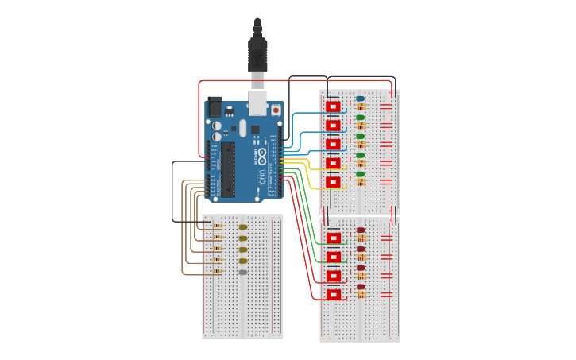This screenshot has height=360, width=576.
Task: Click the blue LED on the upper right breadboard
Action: click(x=360, y=99)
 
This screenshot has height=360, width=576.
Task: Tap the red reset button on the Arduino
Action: click(x=276, y=110)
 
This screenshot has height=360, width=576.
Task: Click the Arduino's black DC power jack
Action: click(x=214, y=106)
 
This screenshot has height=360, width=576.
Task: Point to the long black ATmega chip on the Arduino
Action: click(x=228, y=168)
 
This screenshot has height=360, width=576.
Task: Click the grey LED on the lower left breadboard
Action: click(x=243, y=273)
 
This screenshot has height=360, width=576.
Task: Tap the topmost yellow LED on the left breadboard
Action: click(x=243, y=226)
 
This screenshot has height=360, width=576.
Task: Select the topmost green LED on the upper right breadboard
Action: click(x=360, y=118)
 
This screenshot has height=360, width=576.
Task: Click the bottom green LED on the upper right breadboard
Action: click(x=360, y=174)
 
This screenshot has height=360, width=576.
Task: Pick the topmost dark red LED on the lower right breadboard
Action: click(x=361, y=230)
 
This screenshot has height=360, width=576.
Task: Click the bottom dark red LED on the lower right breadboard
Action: click(x=361, y=287)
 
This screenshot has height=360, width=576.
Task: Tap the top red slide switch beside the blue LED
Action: click(x=333, y=106)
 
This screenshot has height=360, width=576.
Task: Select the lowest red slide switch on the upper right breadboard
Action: click(x=333, y=182)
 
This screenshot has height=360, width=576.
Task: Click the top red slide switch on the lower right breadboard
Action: click(x=334, y=238)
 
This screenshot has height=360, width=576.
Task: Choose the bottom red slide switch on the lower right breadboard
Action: click(x=334, y=295)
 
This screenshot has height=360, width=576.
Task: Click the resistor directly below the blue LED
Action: click(x=361, y=107)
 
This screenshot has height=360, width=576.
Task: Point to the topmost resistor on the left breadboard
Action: click(x=218, y=226)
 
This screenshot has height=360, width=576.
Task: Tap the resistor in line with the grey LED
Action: click(x=218, y=272)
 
